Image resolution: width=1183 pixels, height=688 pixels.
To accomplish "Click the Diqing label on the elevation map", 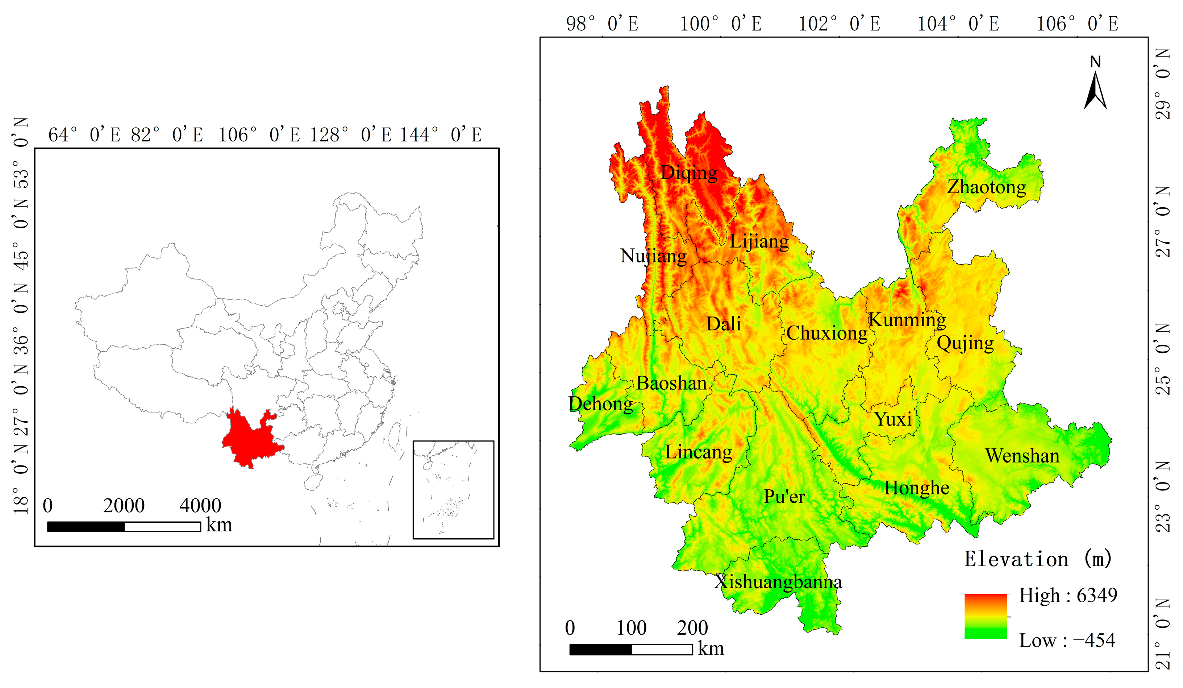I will pyautogui.click(x=689, y=173).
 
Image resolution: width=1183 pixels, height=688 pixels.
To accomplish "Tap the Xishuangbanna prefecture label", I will pyautogui.click(x=778, y=582).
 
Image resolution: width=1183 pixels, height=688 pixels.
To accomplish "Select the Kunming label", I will pyautogui.click(x=907, y=320).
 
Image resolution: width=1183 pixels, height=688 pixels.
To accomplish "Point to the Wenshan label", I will pyautogui.click(x=1022, y=456).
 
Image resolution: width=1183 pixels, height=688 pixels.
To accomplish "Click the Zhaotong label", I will pyautogui.click(x=986, y=187).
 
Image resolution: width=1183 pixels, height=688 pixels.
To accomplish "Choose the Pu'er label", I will pyautogui.click(x=784, y=496).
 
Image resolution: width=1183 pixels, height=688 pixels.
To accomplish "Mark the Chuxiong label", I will pyautogui.click(x=827, y=333).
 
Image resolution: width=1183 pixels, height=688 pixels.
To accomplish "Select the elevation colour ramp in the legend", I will pyautogui.click(x=986, y=616).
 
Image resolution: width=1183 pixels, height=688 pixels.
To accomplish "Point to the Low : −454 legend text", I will pyautogui.click(x=1067, y=640).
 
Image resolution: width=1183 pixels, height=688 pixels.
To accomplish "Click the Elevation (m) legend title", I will pyautogui.click(x=1037, y=559).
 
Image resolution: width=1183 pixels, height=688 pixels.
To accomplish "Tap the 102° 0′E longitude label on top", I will pyautogui.click(x=840, y=24).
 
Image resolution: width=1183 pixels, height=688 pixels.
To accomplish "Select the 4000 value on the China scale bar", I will pyautogui.click(x=200, y=506).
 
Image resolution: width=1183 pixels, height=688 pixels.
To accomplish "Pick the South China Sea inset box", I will pyautogui.click(x=453, y=489).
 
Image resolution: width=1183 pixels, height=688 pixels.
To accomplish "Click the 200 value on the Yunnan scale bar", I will pyautogui.click(x=692, y=628).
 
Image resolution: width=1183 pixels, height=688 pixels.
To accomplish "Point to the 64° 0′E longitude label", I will pyautogui.click(x=84, y=135).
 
